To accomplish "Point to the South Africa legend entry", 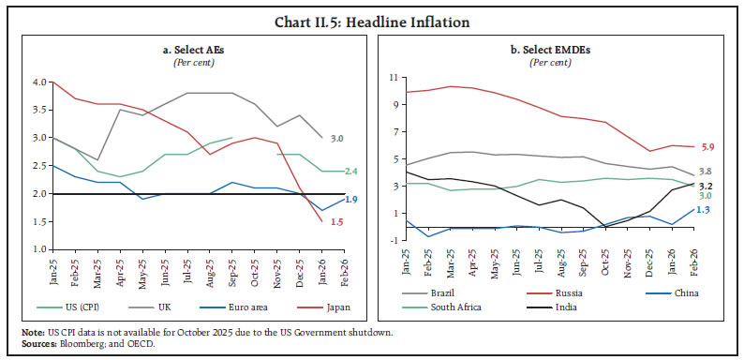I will coord(449,306).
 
